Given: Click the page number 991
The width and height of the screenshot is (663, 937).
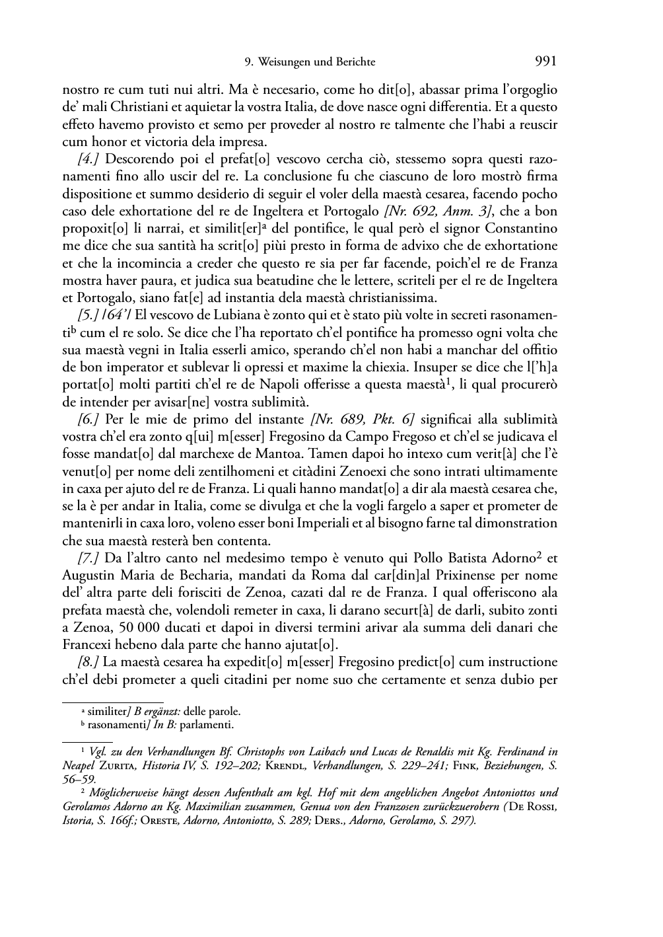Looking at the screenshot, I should (x=545, y=61).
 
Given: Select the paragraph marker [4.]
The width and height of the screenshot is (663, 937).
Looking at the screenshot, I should (x=89, y=159).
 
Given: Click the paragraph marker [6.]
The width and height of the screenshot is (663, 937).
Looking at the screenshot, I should (x=89, y=420).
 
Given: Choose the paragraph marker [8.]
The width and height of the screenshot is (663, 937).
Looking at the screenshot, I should (x=89, y=662).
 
